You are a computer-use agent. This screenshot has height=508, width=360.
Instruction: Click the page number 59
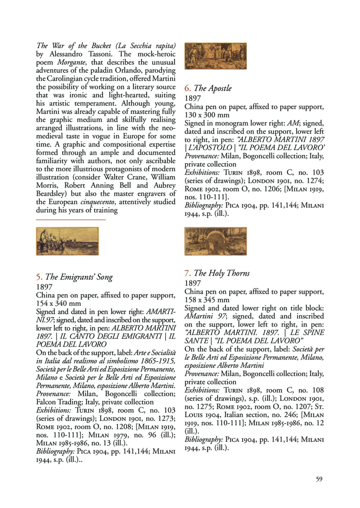(x=319, y=479)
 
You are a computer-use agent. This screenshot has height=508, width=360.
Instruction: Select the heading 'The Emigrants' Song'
(x=79, y=277)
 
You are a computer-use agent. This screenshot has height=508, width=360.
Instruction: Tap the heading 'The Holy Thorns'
(x=221, y=273)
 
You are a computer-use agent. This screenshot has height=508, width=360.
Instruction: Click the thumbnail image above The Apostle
(x=216, y=56)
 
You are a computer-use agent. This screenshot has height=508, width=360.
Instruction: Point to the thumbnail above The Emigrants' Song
(x=67, y=241)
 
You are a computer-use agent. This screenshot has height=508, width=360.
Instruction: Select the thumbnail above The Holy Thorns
(x=216, y=241)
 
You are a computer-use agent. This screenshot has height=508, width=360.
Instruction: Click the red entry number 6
(x=188, y=88)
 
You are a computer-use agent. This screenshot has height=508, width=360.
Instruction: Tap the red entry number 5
(x=39, y=277)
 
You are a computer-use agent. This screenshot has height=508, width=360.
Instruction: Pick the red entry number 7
(x=188, y=273)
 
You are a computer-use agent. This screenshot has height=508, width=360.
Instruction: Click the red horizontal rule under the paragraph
(x=71, y=220)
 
